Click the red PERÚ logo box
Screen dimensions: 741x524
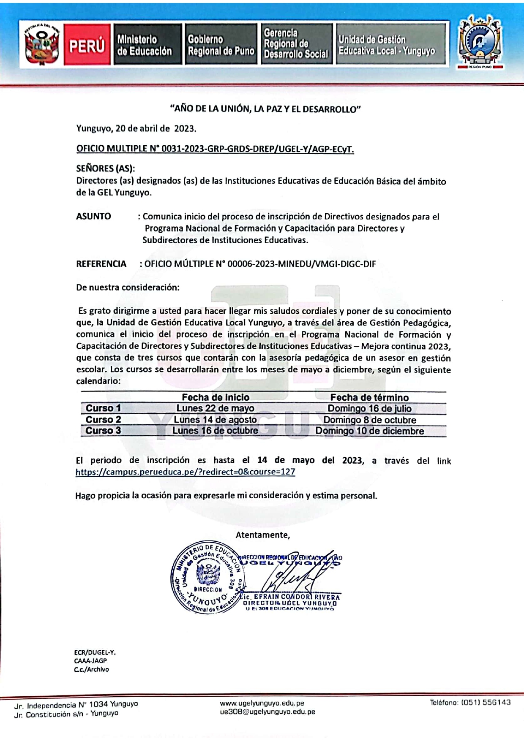(x=87, y=45)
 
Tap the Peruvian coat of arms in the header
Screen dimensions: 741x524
(x=41, y=44)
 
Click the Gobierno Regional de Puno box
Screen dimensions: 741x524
(x=221, y=45)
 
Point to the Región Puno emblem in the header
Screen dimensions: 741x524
(x=480, y=42)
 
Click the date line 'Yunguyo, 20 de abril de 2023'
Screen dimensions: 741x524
(x=136, y=128)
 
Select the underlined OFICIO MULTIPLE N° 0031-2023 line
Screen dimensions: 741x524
(x=215, y=149)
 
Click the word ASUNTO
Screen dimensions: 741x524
(x=93, y=217)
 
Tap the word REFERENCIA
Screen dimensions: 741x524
(x=101, y=264)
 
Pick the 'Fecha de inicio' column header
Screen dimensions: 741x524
(x=216, y=397)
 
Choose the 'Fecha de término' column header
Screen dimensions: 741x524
(x=369, y=397)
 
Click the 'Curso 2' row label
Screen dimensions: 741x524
(x=103, y=420)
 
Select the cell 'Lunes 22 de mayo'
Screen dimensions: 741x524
(x=215, y=408)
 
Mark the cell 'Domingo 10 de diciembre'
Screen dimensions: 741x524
(x=369, y=431)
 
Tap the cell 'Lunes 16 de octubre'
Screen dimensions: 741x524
(x=215, y=431)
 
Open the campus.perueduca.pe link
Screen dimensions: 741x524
(x=185, y=472)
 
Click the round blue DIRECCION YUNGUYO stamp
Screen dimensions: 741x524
(x=207, y=577)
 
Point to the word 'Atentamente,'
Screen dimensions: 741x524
(x=262, y=535)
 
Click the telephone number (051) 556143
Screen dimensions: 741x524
(x=470, y=703)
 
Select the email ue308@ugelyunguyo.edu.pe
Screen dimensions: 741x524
(x=267, y=712)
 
